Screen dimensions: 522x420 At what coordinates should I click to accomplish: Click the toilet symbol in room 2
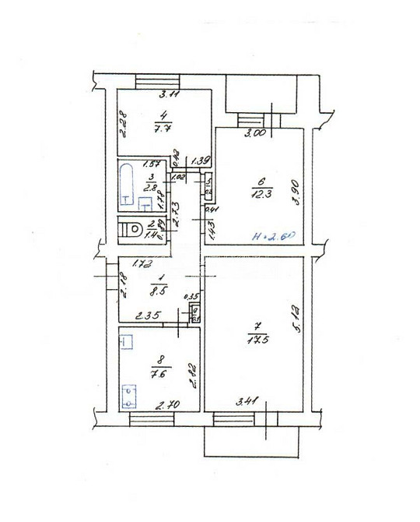tap(133, 231)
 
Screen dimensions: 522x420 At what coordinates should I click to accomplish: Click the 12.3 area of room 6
tap(257, 192)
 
